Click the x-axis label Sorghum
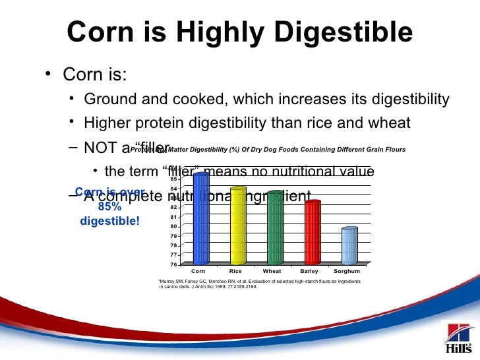[347, 271]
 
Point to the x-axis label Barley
[309, 271]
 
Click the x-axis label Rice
[235, 271]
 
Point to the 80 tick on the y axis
[173, 226]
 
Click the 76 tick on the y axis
[173, 264]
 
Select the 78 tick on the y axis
[173, 245]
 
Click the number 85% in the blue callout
[109, 206]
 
